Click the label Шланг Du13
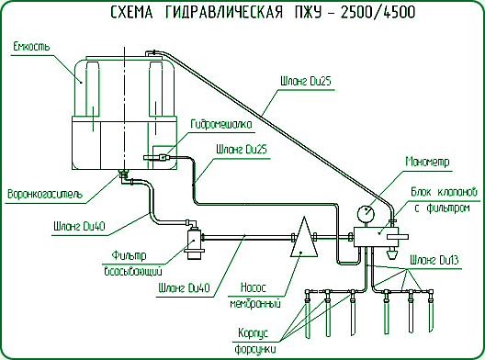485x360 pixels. click(x=435, y=261)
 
